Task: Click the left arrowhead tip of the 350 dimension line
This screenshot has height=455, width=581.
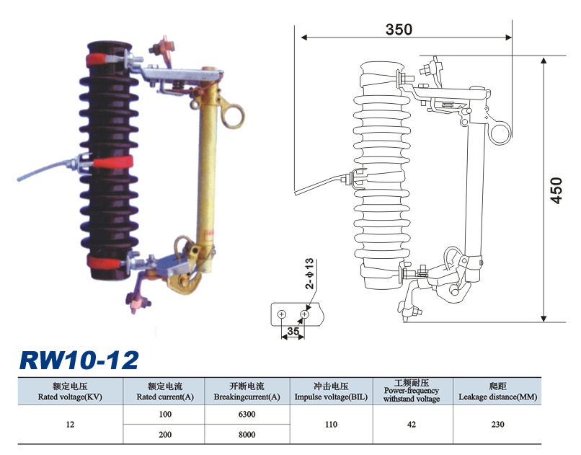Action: [301, 37]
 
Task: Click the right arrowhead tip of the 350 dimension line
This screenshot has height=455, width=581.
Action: [512, 37]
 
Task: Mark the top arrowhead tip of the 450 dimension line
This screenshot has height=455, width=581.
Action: [544, 58]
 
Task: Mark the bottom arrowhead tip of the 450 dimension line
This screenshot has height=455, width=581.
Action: [544, 322]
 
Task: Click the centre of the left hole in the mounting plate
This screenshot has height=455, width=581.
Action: [282, 314]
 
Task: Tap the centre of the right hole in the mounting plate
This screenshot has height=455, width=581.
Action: [304, 314]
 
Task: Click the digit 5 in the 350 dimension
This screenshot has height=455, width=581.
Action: [399, 30]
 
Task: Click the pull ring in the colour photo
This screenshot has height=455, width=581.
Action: [234, 115]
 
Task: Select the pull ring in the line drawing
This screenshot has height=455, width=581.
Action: [500, 133]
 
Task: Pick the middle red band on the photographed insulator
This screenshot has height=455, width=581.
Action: [112, 162]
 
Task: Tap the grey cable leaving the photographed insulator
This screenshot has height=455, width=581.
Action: [44, 171]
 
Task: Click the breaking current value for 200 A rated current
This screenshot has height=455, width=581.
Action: [247, 434]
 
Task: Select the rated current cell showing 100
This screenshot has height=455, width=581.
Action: [165, 414]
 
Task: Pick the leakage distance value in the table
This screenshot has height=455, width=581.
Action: [497, 424]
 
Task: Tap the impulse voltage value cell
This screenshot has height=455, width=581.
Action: [331, 424]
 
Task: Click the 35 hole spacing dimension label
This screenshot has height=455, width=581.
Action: [293, 331]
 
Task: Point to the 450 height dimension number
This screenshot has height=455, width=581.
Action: [556, 190]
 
